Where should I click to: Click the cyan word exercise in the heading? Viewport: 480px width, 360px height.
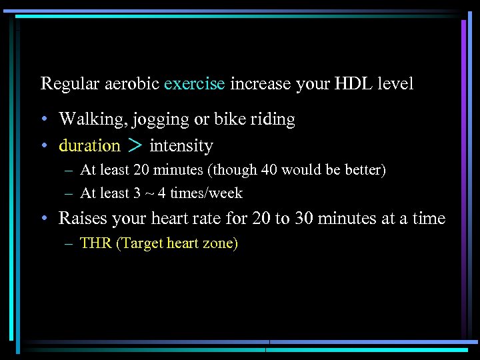195,84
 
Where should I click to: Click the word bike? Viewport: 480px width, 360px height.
229,119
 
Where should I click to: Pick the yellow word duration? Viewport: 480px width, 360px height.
89,145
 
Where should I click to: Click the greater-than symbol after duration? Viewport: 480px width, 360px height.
135,145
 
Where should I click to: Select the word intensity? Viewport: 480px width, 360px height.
181,146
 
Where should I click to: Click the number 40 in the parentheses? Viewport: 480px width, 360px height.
269,170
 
